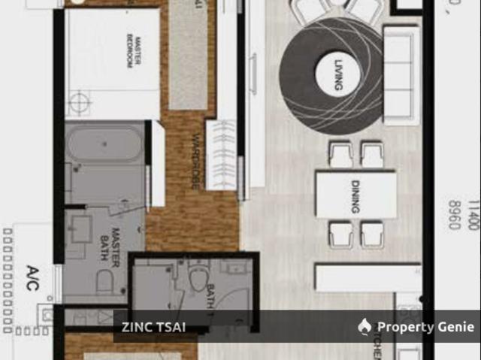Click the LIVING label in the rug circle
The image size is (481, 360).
336,75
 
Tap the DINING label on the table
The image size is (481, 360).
357,195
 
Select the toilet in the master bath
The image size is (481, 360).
105,282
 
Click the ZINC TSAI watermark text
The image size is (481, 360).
153,327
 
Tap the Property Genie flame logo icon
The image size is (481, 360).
365,326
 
